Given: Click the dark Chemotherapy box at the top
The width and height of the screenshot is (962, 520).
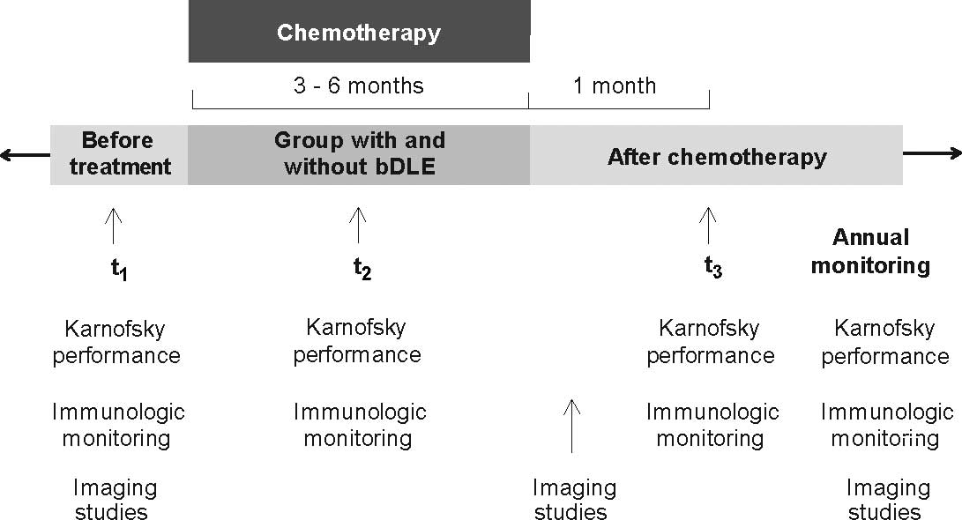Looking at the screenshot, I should [359, 33].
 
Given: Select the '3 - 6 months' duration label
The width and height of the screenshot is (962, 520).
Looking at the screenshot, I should [358, 85].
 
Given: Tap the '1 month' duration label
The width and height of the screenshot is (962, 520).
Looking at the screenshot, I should [615, 85].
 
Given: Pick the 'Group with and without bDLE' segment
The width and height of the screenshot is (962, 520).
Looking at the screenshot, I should [359, 153].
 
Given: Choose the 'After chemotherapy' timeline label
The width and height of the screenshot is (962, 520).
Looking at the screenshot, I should [716, 158].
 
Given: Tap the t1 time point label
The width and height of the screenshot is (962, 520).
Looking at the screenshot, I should [119, 270].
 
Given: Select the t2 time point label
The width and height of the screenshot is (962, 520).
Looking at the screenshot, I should [362, 270].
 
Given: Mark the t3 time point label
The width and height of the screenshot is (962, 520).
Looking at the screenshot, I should [712, 267].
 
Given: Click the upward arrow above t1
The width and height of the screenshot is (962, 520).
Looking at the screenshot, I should [113, 226].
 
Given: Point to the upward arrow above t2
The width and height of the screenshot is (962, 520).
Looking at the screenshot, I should [357, 226].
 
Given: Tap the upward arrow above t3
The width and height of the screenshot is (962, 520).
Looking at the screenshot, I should [707, 226].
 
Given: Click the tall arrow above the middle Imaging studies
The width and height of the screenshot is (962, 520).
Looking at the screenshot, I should [571, 425].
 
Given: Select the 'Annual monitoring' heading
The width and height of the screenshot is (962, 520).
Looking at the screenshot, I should [870, 251].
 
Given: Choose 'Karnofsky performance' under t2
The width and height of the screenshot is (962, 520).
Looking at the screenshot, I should [356, 341].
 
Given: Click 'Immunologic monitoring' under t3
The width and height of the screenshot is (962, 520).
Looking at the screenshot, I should [712, 425].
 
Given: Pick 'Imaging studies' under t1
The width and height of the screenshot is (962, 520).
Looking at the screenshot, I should [115, 499].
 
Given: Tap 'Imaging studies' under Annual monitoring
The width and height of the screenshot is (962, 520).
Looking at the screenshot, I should [887, 499].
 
